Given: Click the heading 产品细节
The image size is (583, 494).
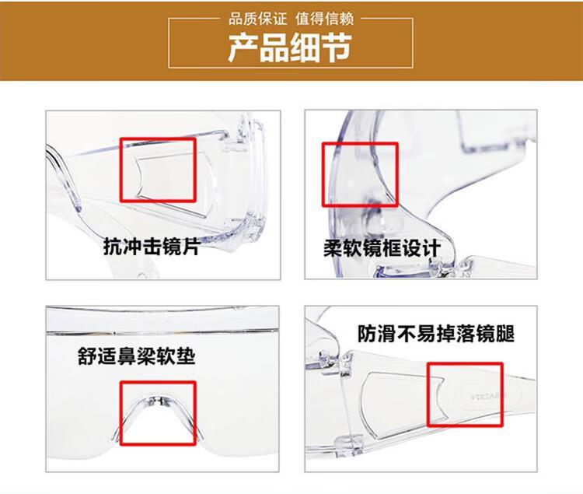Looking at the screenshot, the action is pos(290,47).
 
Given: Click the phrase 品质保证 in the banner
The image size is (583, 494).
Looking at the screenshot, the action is pos(257,19).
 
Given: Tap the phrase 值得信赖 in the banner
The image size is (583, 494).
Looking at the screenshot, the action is pos(325,19).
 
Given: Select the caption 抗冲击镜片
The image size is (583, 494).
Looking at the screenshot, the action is pos(152,247).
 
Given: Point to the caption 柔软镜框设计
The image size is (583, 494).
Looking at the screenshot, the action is pos(382,248).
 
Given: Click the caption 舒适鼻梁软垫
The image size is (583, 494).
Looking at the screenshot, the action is pos(137,356).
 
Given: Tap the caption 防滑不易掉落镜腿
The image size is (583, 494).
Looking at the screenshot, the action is pos(436,333).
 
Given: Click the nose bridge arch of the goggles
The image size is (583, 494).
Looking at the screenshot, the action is pos(158,401).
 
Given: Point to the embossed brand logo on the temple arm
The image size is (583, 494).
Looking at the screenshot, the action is pos(488,397).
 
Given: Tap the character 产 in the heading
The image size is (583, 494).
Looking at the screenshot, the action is pos(243,47).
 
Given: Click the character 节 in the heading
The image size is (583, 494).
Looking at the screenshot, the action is pos(337,47).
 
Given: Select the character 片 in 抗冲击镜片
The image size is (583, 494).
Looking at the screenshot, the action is pos(191,247).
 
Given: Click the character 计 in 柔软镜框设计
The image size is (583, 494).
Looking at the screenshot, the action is pos(432,248).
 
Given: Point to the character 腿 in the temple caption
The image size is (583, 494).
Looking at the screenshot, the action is pos(505,333).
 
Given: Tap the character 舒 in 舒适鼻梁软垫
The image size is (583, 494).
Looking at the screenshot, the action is pos(87,356).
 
